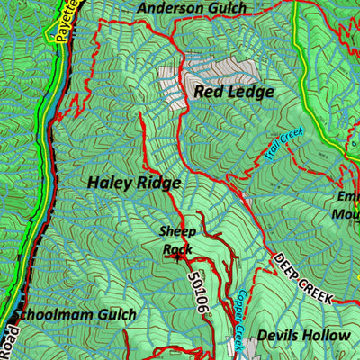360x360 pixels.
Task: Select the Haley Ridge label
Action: point(134,183)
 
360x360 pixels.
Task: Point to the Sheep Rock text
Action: point(177,239)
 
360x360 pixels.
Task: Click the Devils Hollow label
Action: point(302,336)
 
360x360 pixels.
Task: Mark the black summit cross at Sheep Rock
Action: point(177,256)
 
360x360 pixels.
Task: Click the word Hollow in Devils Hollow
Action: point(324,336)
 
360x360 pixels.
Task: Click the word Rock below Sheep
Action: point(177,247)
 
